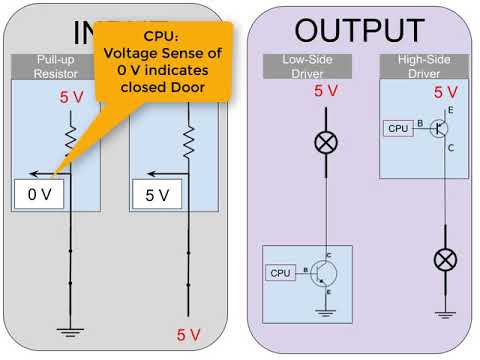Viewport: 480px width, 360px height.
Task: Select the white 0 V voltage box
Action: (38, 194)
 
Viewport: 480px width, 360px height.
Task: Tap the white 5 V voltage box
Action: (155, 194)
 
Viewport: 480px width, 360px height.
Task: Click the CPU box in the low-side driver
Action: (280, 272)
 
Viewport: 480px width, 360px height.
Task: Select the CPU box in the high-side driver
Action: (398, 128)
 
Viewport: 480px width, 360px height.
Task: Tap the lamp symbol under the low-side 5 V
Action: (325, 142)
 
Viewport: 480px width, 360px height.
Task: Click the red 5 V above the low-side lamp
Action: (326, 92)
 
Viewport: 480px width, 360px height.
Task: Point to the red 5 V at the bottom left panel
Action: (188, 334)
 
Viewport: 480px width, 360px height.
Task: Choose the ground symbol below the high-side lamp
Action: (444, 315)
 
